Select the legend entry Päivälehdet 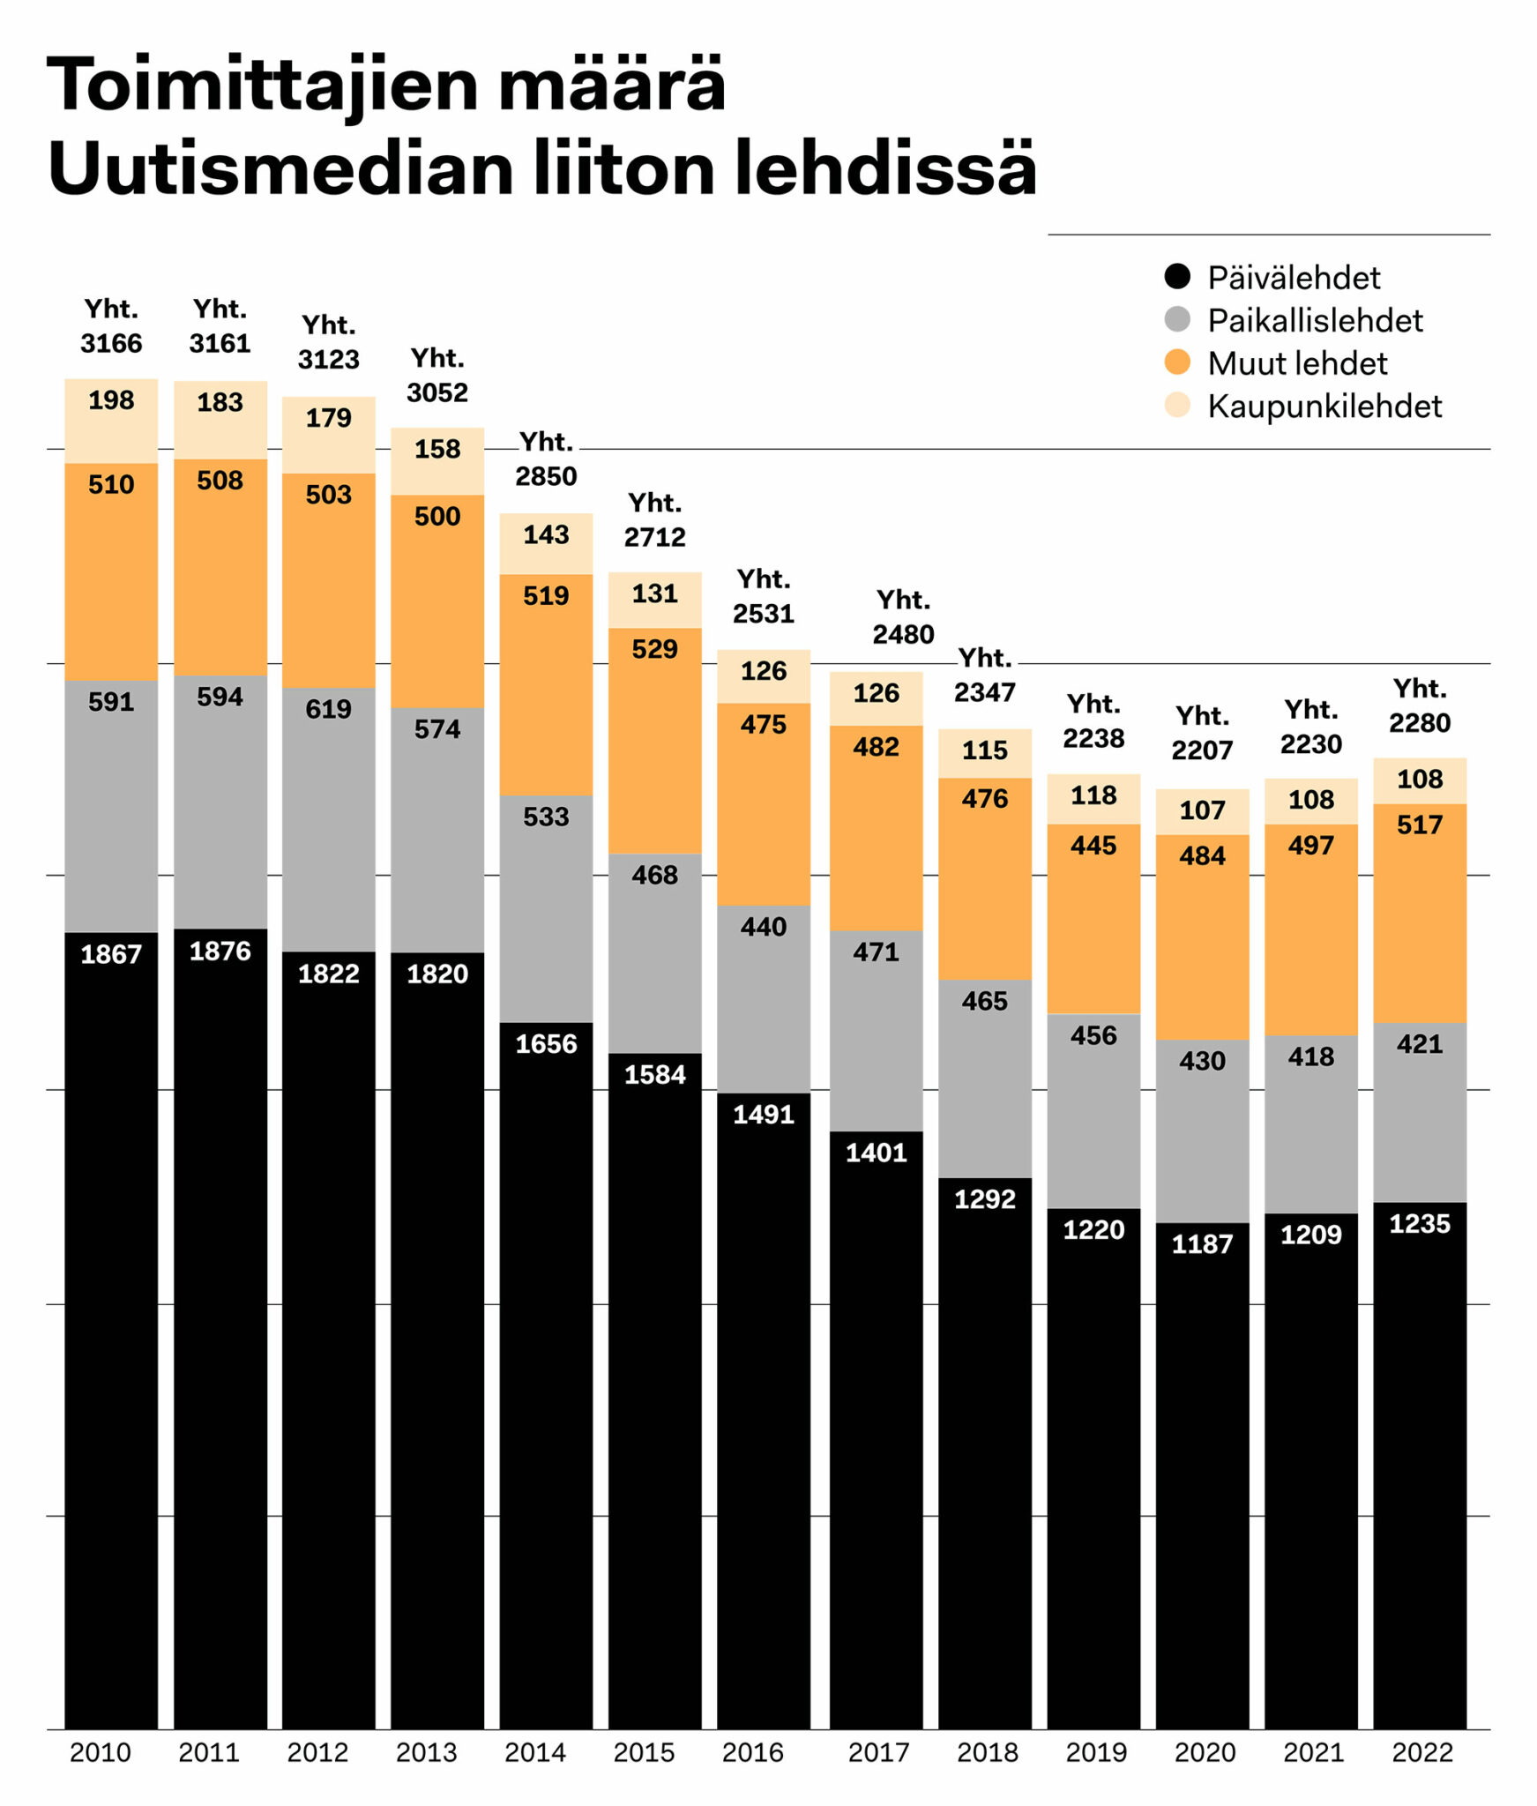[1293, 278]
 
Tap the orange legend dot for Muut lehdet [1177, 362]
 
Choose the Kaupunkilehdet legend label [1324, 407]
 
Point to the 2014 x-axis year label [535, 1752]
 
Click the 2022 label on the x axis [1421, 1752]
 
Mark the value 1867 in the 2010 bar [111, 954]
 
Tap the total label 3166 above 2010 [111, 343]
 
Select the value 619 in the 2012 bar [328, 709]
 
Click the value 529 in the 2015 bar [654, 649]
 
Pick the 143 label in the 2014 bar [546, 534]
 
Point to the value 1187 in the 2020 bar [1202, 1244]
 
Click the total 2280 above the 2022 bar [1420, 723]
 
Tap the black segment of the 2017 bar [876, 1455]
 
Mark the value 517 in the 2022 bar [1420, 825]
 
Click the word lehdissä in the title [884, 169]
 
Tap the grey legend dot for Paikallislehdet [1177, 319]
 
